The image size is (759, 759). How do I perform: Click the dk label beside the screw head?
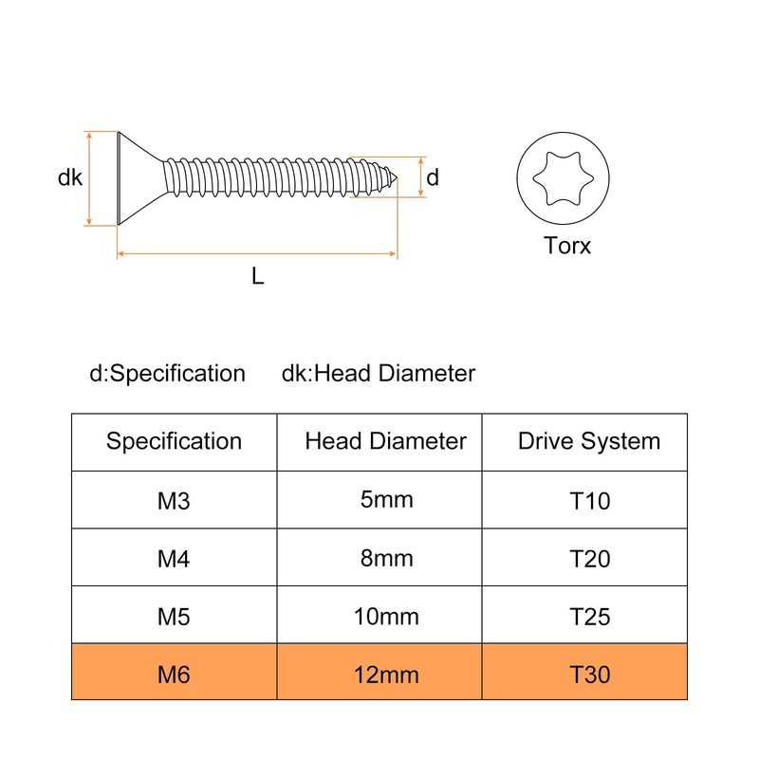[x=69, y=177]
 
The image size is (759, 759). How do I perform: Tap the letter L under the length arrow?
[x=257, y=276]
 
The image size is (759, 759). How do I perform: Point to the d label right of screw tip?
[x=433, y=177]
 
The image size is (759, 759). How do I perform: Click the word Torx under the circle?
[x=566, y=246]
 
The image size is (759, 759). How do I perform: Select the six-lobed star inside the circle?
[x=563, y=178]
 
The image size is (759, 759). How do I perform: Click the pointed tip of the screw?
[x=397, y=178]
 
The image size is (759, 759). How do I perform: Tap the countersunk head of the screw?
[x=139, y=178]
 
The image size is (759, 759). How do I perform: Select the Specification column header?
[x=174, y=441]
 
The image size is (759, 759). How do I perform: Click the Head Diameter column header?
[x=385, y=441]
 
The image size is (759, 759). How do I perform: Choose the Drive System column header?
[x=589, y=441]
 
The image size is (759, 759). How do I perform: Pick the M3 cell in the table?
[x=174, y=501]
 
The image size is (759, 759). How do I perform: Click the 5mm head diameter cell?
[x=386, y=500]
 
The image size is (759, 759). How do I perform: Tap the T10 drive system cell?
[x=589, y=501]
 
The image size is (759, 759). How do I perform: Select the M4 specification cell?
[x=174, y=559]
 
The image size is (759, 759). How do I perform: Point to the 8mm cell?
[x=386, y=558]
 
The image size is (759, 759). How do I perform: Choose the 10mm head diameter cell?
[x=386, y=616]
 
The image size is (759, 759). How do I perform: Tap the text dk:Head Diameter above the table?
[x=379, y=373]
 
